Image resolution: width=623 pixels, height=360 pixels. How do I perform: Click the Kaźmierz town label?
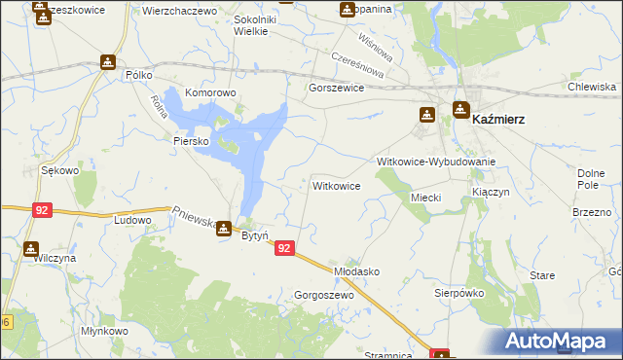point(498,119)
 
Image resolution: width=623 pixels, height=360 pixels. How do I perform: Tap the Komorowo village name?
point(211,92)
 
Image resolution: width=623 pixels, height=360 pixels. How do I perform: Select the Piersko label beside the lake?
point(192,140)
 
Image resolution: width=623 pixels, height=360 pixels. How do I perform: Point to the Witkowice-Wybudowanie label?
point(436,162)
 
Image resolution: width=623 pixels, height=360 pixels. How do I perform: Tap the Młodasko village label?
point(356,271)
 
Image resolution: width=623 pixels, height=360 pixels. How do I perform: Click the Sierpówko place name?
point(458,292)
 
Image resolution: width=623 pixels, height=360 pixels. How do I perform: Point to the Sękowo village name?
point(59,170)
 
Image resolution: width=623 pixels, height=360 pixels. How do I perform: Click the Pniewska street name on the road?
point(195,218)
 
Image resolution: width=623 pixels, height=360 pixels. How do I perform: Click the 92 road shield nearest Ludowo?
point(41,209)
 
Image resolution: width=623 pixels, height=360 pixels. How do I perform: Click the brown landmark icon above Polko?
point(107,62)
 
